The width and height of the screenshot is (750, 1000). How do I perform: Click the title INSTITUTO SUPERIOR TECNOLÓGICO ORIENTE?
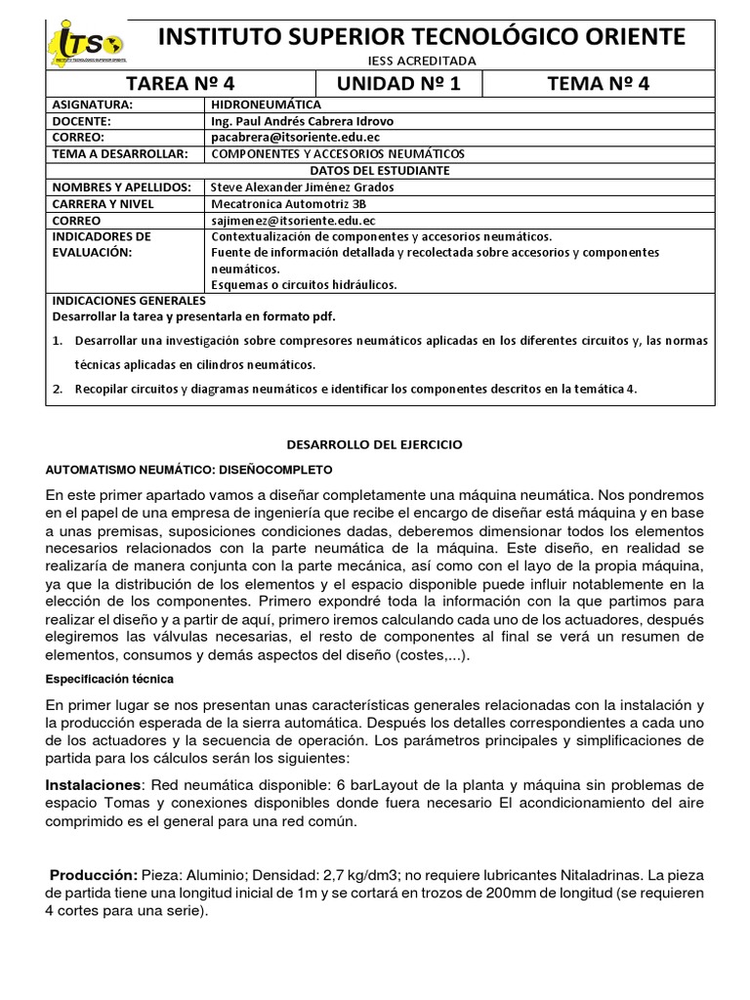point(421,37)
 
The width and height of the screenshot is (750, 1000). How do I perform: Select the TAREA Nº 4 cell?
point(181,83)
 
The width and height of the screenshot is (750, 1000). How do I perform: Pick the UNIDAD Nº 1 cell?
point(398,83)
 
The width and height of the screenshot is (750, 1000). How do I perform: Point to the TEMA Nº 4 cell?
point(599,83)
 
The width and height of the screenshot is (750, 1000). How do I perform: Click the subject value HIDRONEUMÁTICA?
point(266,104)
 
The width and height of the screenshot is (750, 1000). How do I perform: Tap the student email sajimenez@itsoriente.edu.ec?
point(293,221)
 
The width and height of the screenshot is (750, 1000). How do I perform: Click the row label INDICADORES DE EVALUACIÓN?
point(102,244)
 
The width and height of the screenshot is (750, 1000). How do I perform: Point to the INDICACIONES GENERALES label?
point(127,301)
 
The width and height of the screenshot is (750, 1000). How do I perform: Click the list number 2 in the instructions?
point(59,388)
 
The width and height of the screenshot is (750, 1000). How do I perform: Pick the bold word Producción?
point(94,874)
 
